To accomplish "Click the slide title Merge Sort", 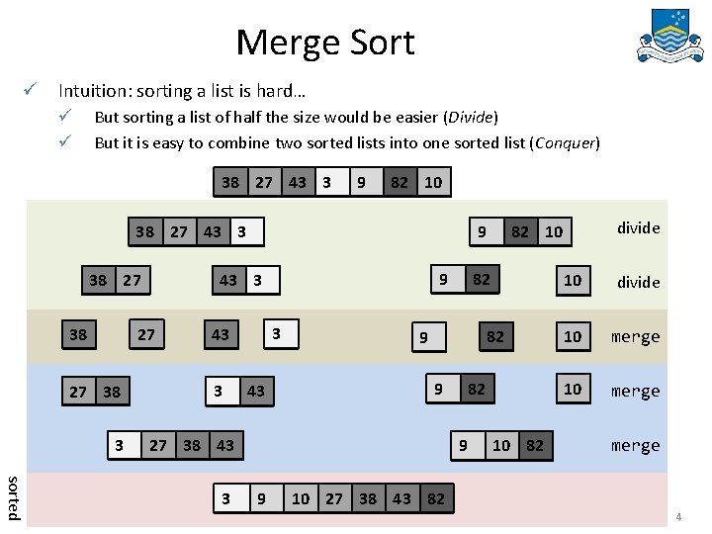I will [x=325, y=43].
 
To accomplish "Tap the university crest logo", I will [x=676, y=37].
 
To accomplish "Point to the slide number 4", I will [x=679, y=517].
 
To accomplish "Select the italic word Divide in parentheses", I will [x=471, y=117].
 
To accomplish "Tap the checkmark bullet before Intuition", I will [x=32, y=91].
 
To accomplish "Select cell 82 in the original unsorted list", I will [x=400, y=182].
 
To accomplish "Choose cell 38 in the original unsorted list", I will [x=230, y=182].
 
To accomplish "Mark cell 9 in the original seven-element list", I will [x=362, y=182].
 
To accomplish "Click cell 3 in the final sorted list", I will [x=226, y=499].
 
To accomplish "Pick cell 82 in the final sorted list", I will [x=435, y=499].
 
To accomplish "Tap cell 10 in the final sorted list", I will [x=301, y=499].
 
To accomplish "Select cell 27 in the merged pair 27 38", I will [x=78, y=392].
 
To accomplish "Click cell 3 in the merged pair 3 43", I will [x=219, y=391].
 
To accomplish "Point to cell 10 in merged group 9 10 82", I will [x=501, y=445].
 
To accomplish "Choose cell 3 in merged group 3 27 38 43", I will [x=120, y=445].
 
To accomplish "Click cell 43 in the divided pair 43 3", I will [x=227, y=280].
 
